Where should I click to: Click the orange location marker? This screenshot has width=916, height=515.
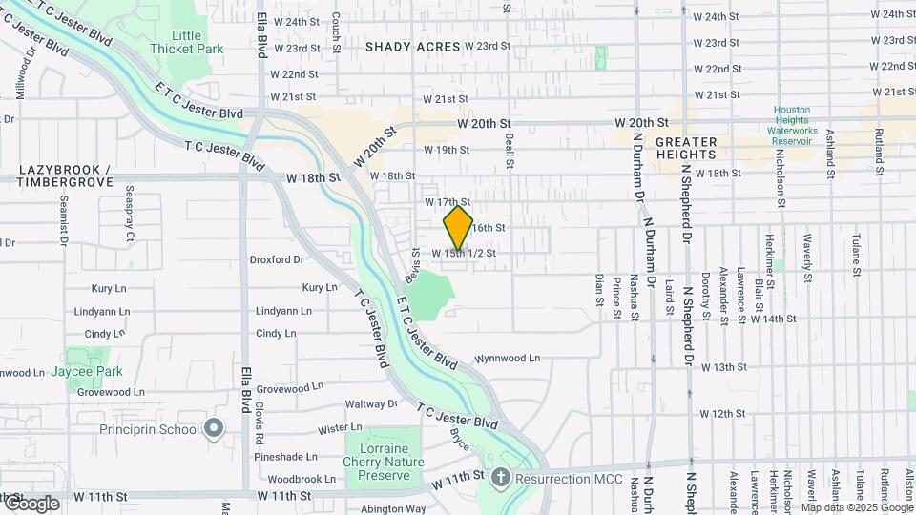coord(458,228)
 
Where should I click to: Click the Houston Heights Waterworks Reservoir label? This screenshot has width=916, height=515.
coord(791,125)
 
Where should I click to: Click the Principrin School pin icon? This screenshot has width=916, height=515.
coord(213,429)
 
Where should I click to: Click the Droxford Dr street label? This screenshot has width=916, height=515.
coord(277,258)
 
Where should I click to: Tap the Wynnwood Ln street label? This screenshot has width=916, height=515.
coord(508,359)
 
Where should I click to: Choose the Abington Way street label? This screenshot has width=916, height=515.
coord(393,508)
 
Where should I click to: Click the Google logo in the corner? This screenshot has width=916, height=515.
coord(31,505)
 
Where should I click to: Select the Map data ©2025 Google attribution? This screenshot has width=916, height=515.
coord(851,507)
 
